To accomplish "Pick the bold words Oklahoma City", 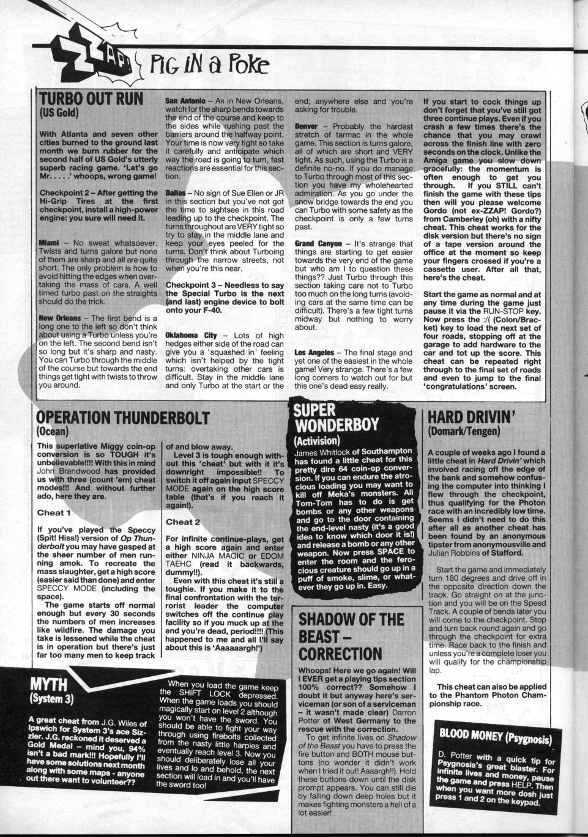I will (193, 336).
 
